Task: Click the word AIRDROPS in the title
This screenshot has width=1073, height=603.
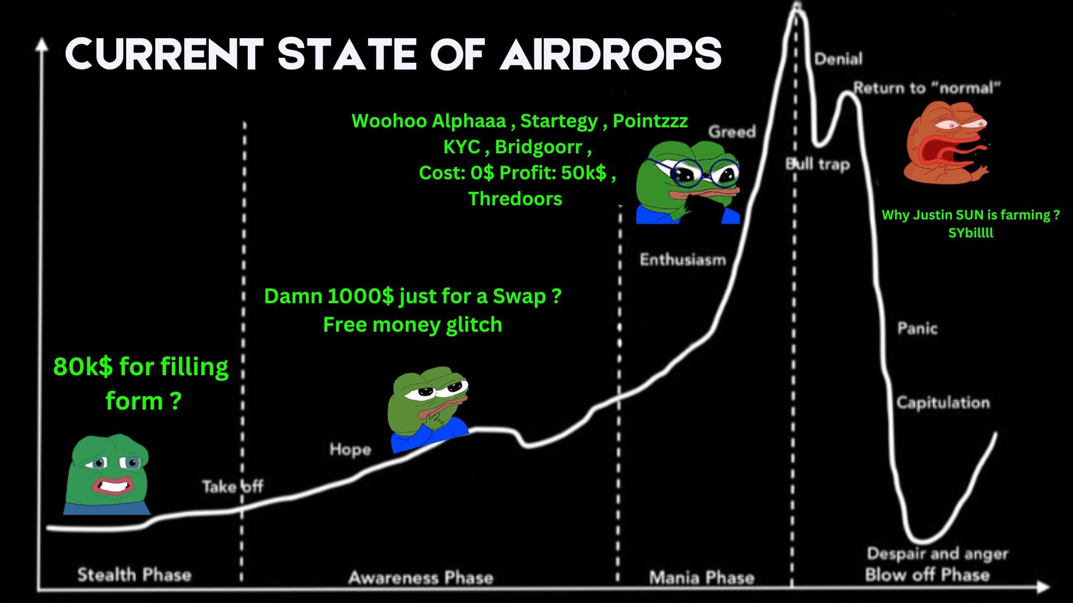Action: tap(611, 54)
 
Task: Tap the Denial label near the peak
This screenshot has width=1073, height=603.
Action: tap(839, 58)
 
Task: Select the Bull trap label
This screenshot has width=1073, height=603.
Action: tap(818, 164)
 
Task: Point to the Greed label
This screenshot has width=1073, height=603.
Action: tap(732, 131)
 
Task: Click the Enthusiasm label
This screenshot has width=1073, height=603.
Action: tap(682, 259)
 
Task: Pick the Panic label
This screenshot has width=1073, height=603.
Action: tap(917, 327)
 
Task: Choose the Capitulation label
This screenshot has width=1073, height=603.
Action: tap(943, 403)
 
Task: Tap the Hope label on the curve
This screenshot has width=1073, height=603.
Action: tap(350, 449)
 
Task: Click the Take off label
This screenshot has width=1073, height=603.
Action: tap(232, 486)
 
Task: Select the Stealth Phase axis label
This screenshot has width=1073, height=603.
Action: tap(134, 575)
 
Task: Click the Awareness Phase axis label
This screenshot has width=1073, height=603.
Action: tap(421, 577)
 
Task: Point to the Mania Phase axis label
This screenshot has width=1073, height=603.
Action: tap(702, 577)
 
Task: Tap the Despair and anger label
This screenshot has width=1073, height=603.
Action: tap(937, 554)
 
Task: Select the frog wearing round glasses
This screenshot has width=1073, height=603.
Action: tap(688, 182)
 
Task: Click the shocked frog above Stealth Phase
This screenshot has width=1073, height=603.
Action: tap(106, 475)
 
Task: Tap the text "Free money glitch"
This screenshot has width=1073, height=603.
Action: tap(413, 325)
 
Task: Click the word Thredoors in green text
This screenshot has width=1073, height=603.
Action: tap(515, 199)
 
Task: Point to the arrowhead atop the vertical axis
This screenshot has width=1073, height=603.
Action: tap(41, 44)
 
